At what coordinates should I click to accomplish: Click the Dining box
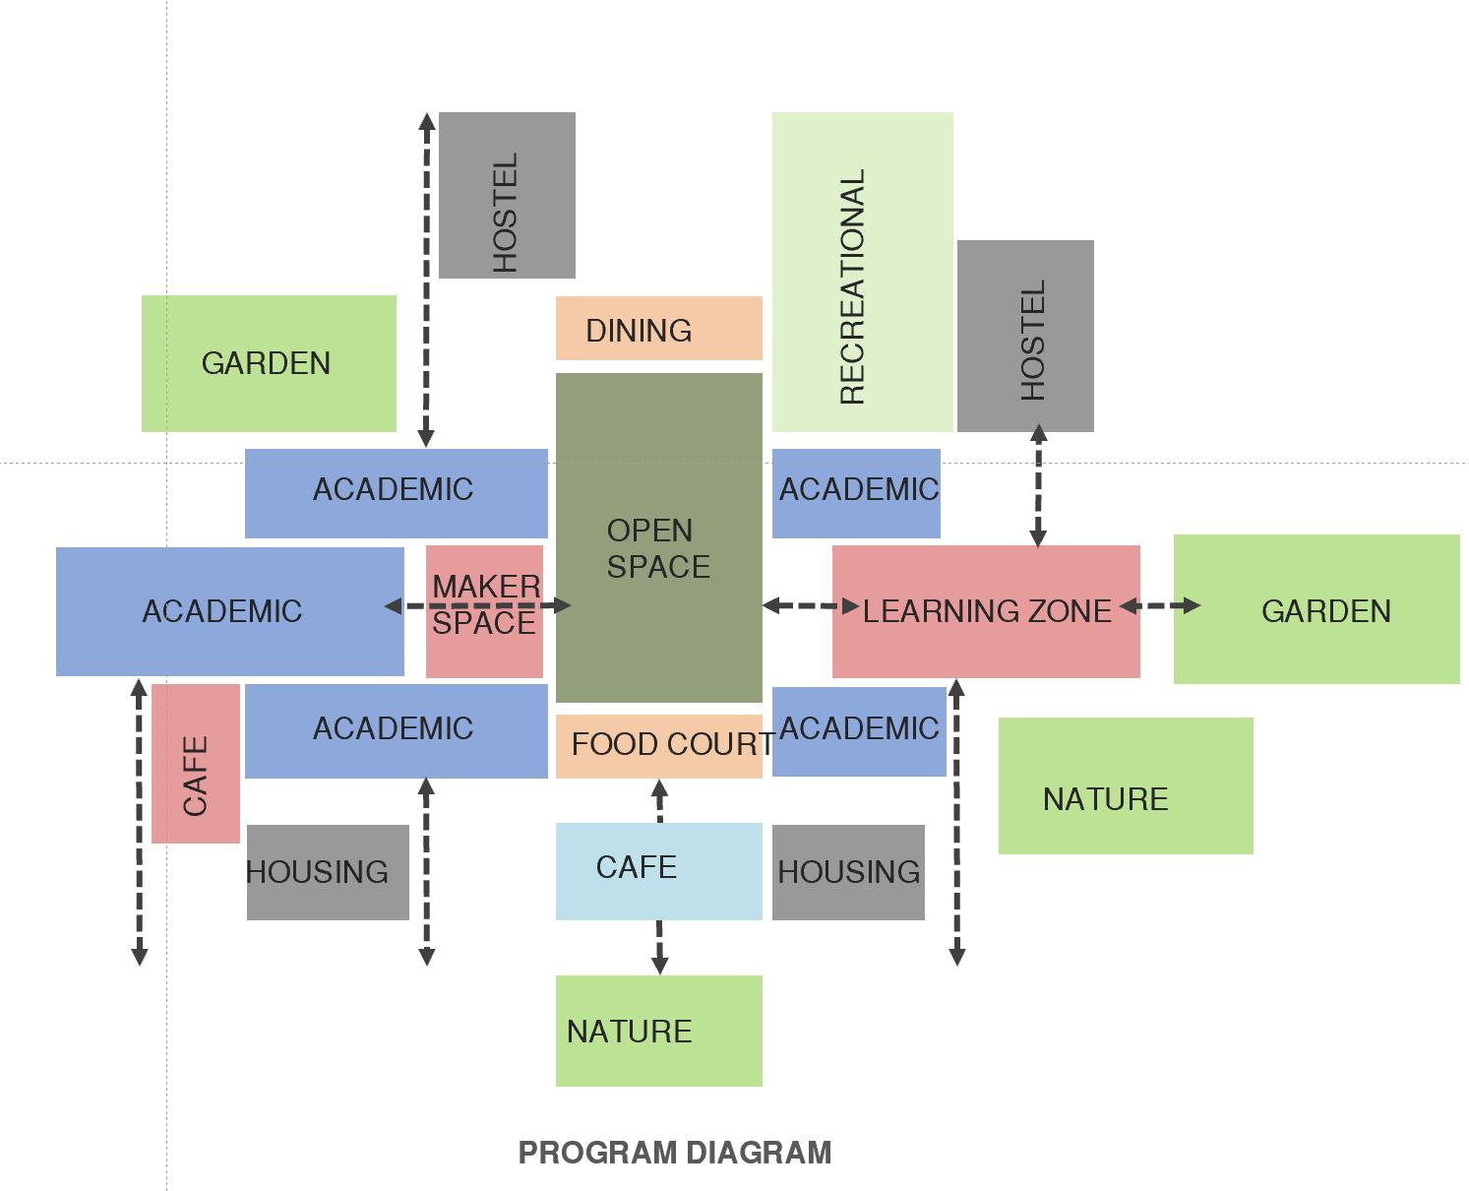point(658,328)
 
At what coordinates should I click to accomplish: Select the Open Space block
point(658,537)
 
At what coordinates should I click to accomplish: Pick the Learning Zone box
point(986,611)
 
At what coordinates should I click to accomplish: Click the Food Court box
point(658,746)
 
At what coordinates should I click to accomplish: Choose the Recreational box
point(862,272)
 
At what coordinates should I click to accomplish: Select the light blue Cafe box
point(658,871)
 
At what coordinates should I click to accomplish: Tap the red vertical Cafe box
point(195,764)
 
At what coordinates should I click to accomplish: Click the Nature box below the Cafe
point(658,1031)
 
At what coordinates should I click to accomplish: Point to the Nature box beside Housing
point(1125,785)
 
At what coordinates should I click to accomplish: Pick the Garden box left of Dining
point(269,363)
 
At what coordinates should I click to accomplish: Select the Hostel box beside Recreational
point(1025,336)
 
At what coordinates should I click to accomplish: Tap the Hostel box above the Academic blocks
point(507,195)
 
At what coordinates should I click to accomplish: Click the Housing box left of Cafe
point(327,872)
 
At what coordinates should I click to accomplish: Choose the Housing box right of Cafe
point(847,872)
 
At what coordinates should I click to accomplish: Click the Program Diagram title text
point(674,1152)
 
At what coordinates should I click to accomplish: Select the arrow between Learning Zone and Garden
point(1159,605)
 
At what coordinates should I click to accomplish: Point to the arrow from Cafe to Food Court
point(659,800)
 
